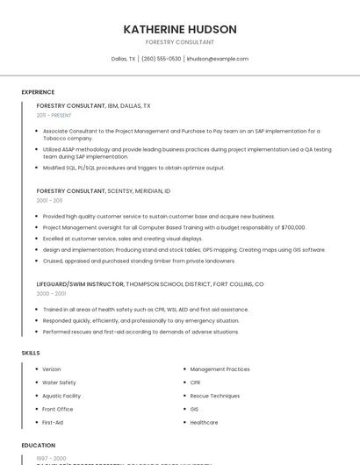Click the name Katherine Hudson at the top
click(179, 29)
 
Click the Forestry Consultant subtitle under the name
click(179, 42)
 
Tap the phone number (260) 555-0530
click(161, 59)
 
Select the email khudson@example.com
click(218, 59)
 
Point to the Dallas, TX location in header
click(123, 59)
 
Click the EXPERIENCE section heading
click(38, 92)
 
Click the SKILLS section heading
click(30, 353)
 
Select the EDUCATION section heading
click(38, 445)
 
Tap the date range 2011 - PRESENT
click(54, 115)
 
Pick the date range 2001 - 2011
click(49, 200)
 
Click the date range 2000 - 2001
click(50, 294)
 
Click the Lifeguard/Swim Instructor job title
click(80, 284)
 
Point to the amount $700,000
click(293, 227)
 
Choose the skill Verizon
click(52, 369)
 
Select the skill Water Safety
click(59, 383)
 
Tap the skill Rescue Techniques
click(214, 396)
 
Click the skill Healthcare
click(204, 423)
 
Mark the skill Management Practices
click(220, 369)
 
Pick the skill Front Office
click(58, 409)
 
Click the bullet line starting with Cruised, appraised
click(139, 261)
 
